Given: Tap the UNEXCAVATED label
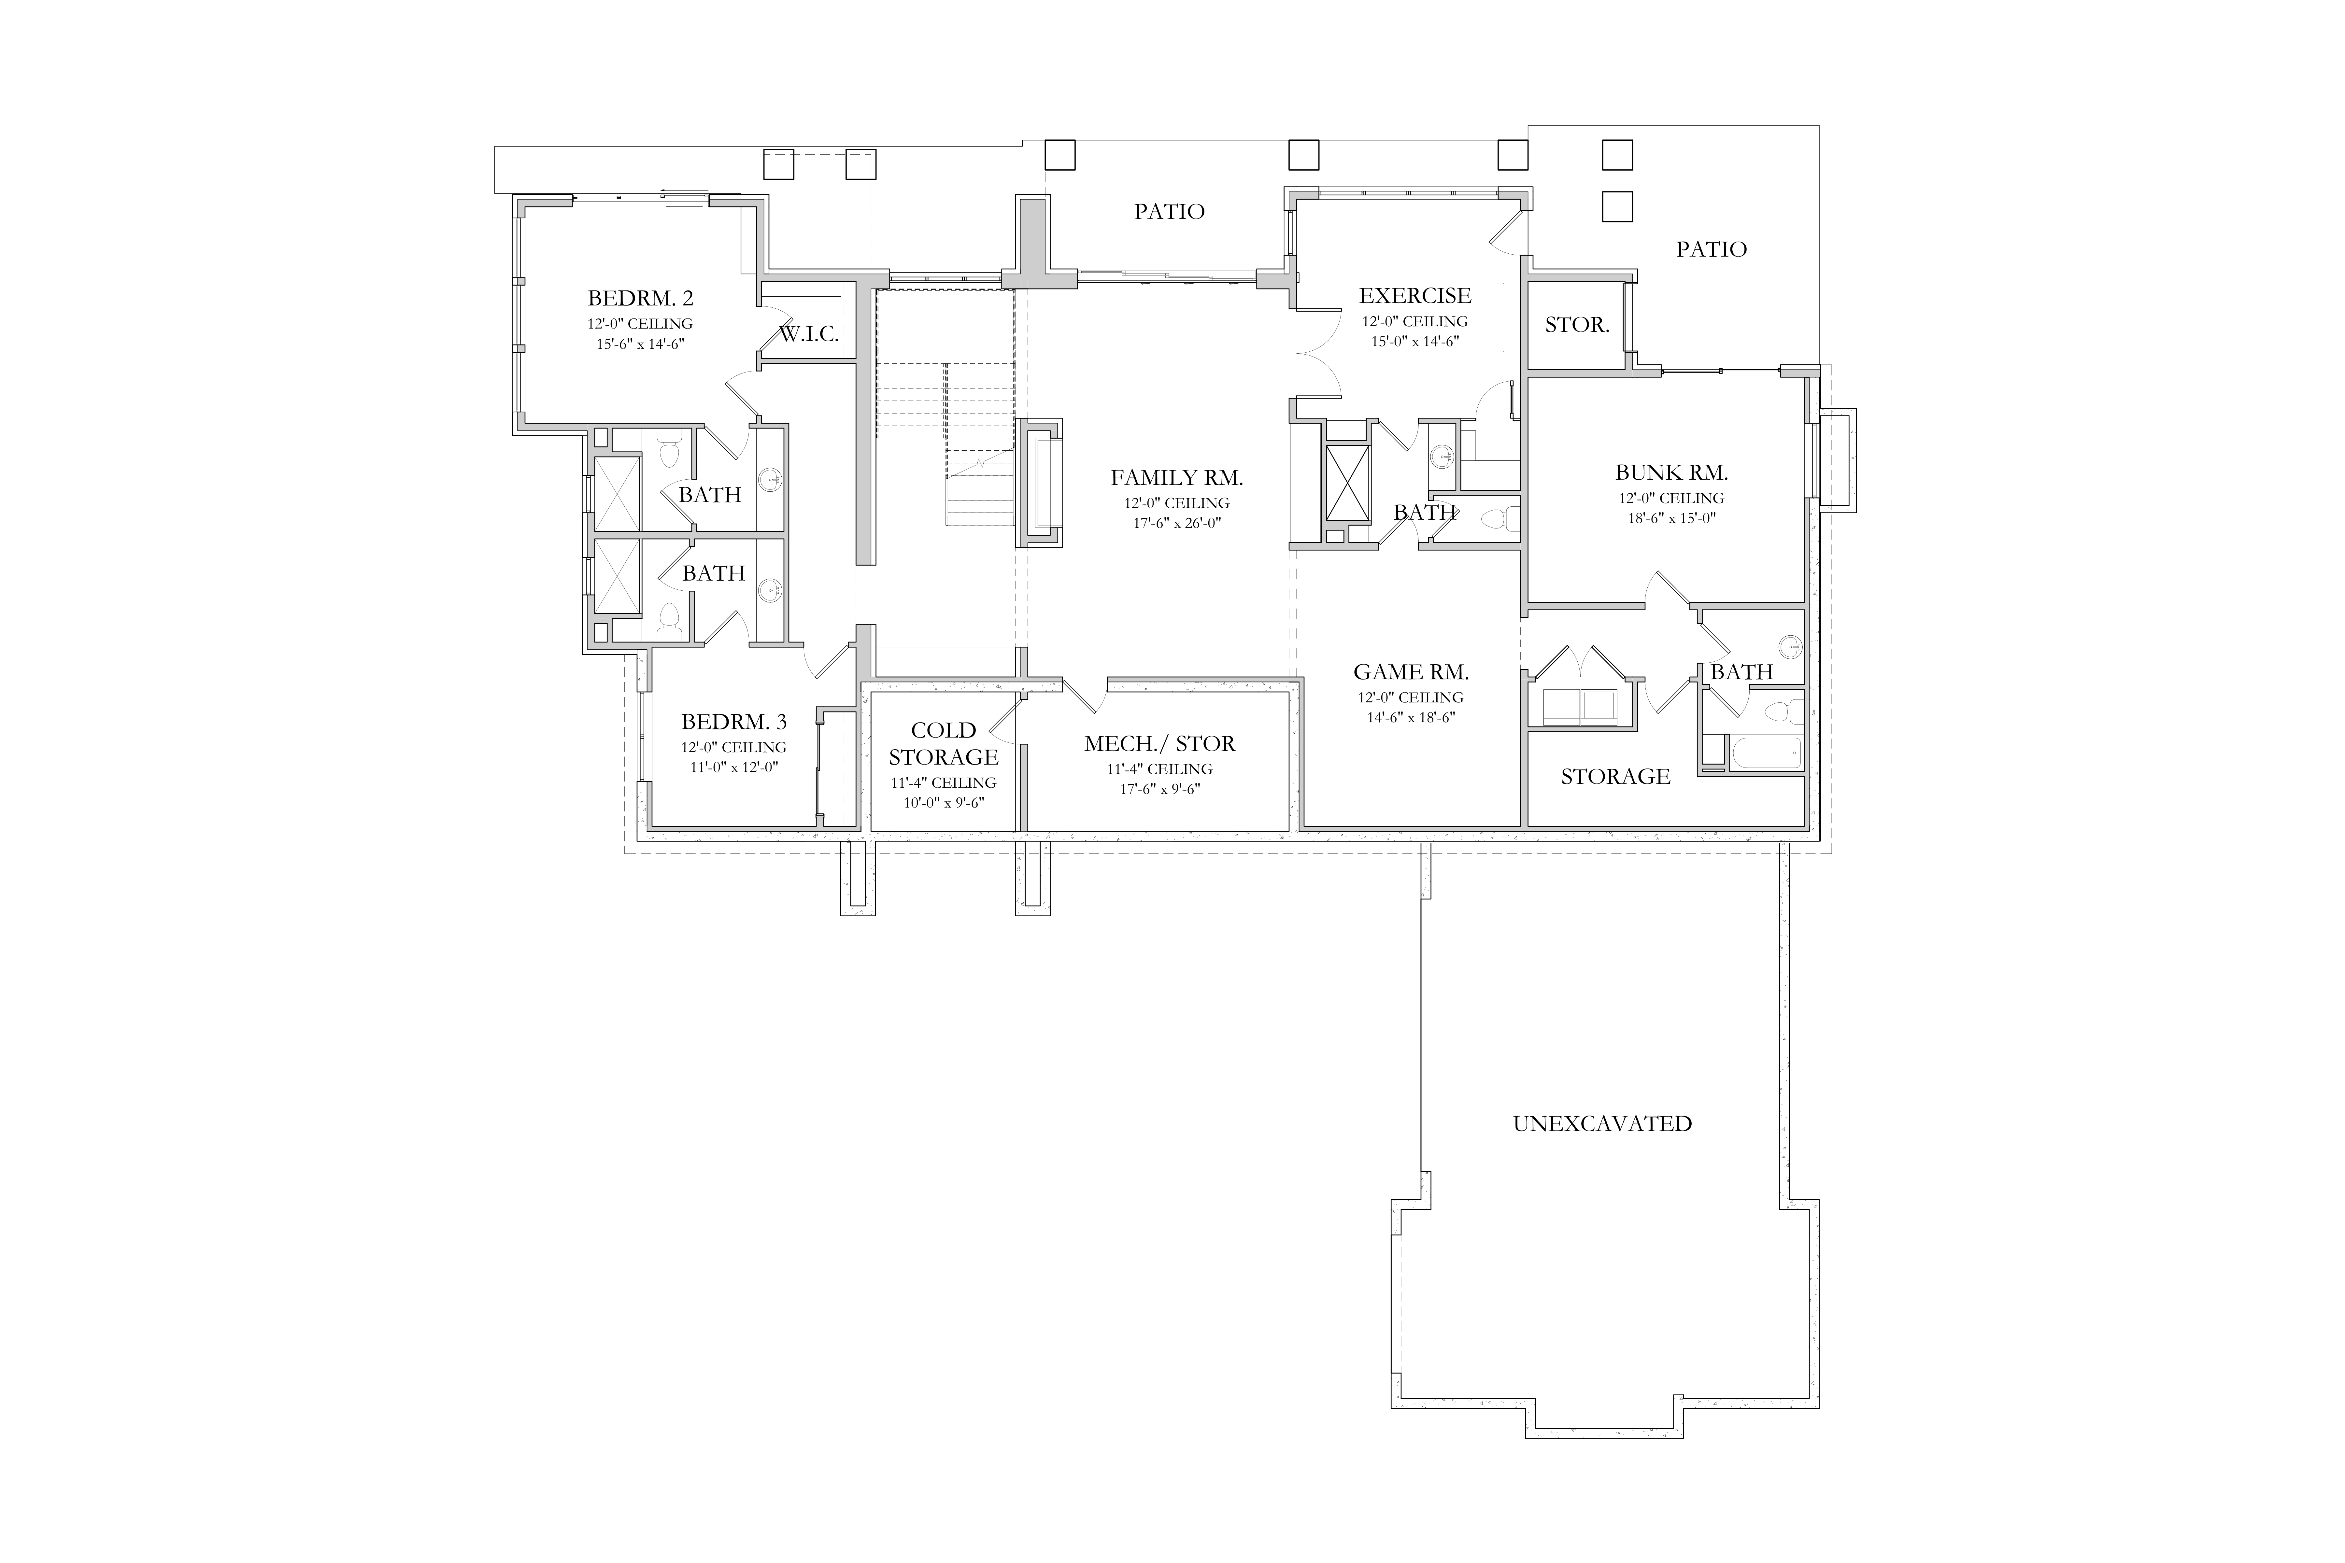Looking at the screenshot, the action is coord(1602,1123).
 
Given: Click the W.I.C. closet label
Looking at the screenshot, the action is coord(809,334).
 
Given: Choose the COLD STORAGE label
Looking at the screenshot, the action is coord(943,744).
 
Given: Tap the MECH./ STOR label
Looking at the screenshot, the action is coord(1159,744).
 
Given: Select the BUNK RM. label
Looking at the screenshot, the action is coord(1671,472).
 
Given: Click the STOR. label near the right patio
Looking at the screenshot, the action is coord(1577,325).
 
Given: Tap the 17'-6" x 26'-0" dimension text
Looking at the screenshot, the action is coord(1176,522).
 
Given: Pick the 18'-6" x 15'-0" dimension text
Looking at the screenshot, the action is coord(1671,517).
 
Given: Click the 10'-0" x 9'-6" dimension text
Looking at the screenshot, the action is coord(943,802).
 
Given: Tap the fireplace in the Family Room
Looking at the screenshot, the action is coord(1039,483).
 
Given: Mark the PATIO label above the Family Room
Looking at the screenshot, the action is coord(1170,211).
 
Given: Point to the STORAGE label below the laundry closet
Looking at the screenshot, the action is coord(1615,777).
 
